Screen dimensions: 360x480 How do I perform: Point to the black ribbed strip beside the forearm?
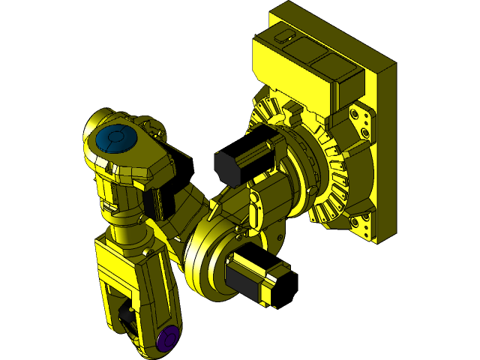[158, 202]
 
